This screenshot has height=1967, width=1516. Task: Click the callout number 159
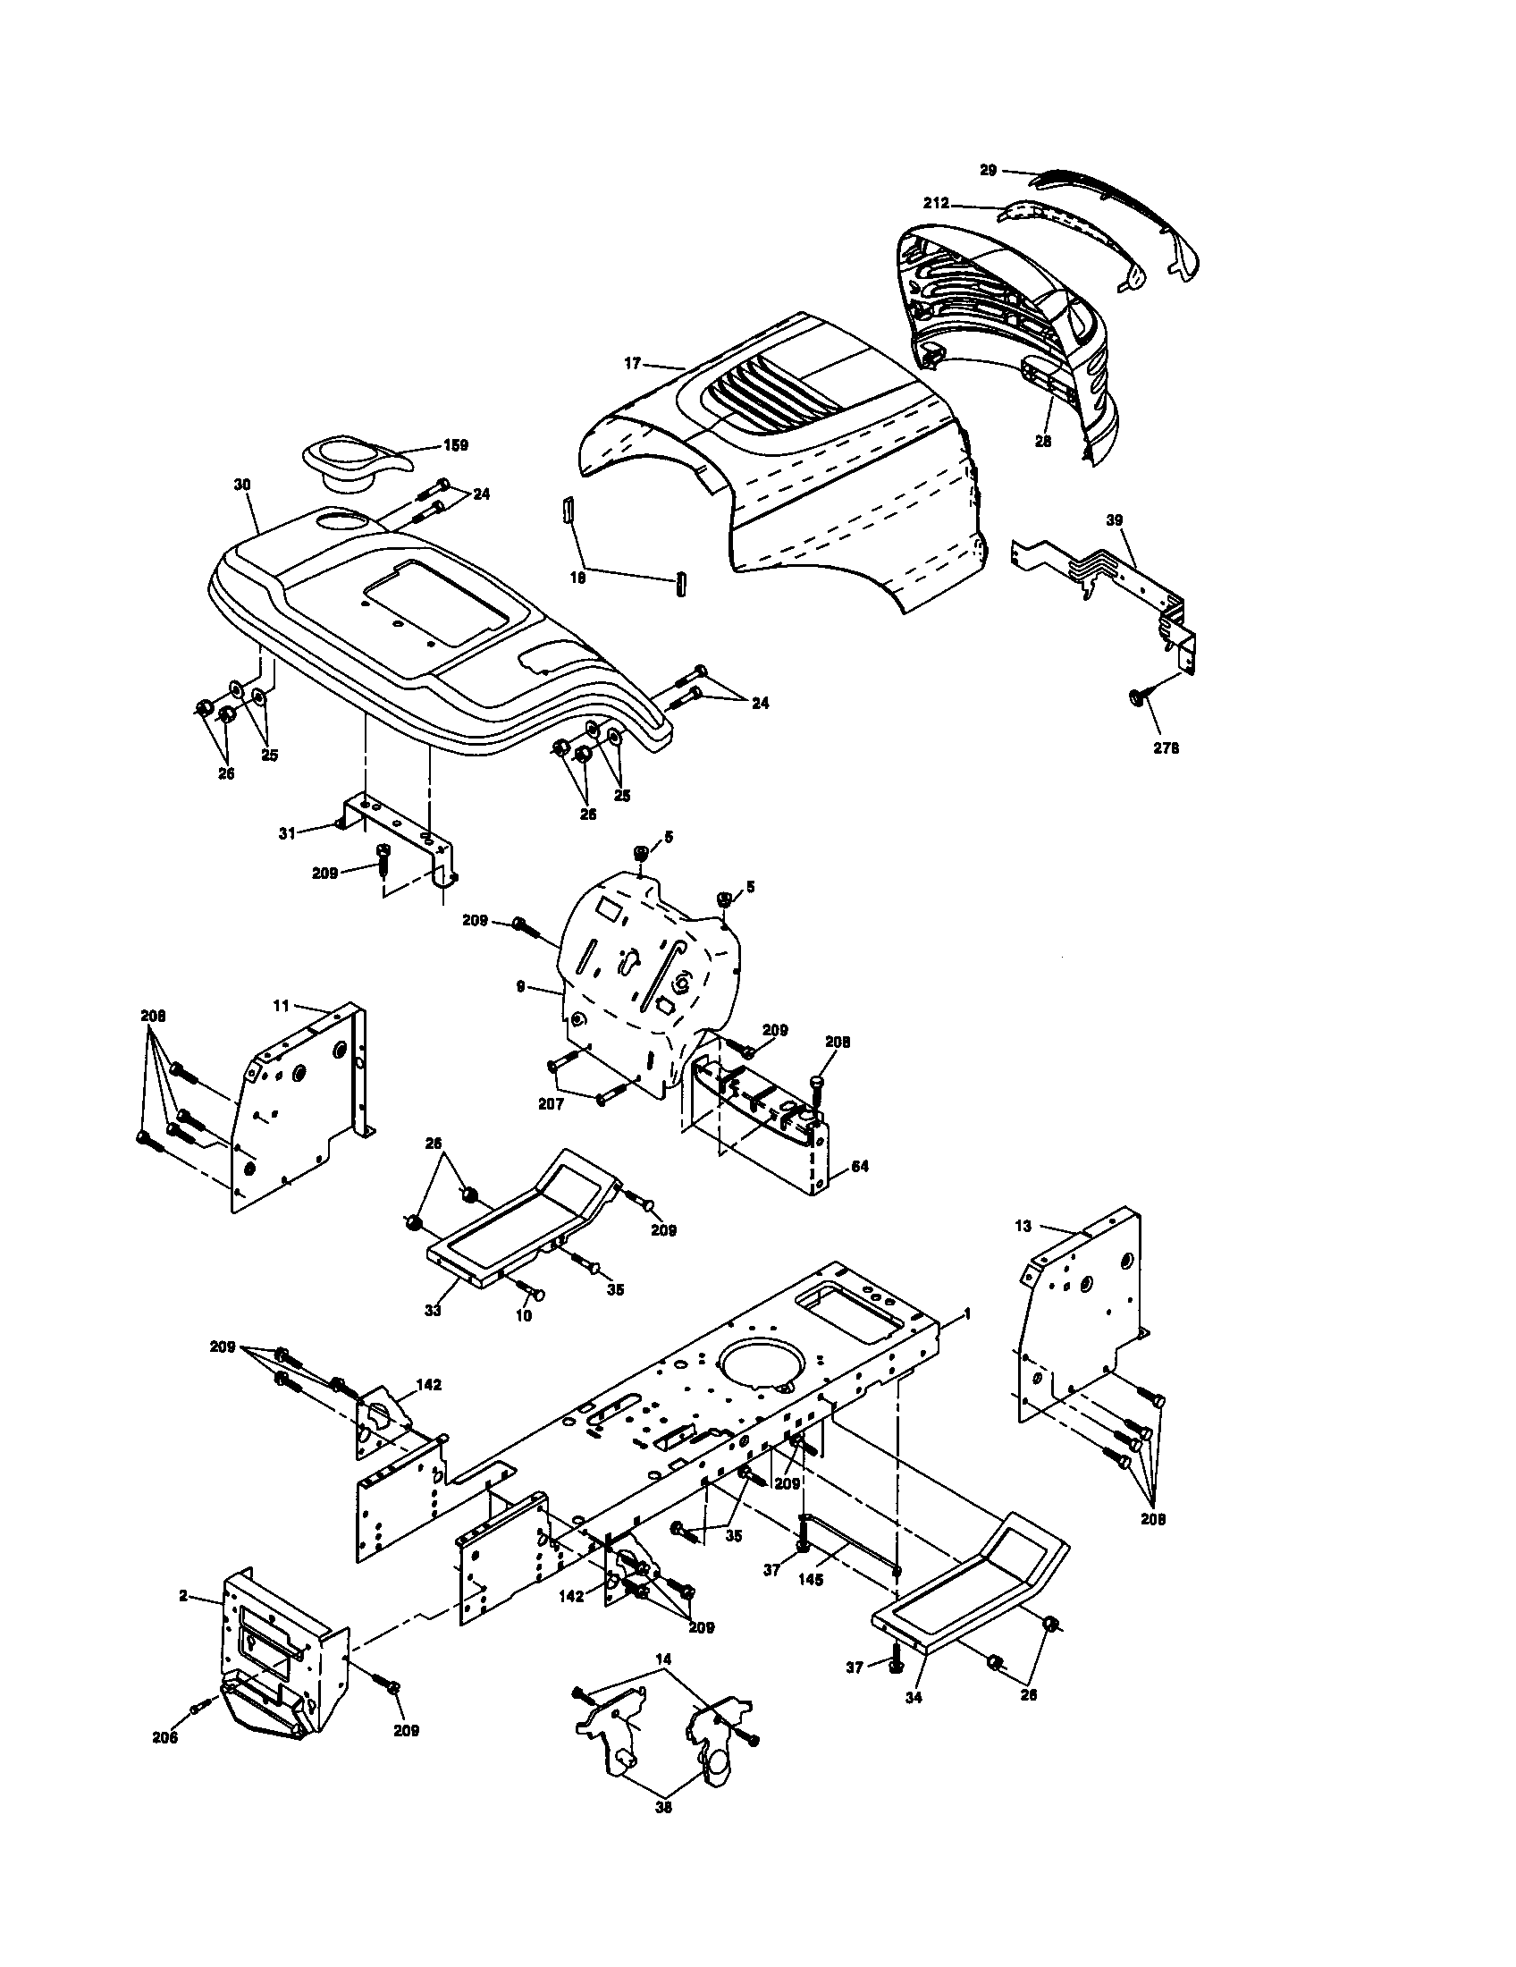click(457, 445)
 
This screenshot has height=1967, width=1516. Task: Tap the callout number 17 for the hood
click(632, 363)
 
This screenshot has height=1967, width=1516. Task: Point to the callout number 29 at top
click(989, 170)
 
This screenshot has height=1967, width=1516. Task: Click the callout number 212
click(936, 204)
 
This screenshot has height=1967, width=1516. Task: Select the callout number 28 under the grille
click(1043, 442)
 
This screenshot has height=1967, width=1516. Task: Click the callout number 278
click(1166, 747)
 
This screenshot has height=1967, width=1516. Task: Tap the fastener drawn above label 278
click(1136, 697)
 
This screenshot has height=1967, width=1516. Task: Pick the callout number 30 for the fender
click(242, 485)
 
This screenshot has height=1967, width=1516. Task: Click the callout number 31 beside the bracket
click(287, 833)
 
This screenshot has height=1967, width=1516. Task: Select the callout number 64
click(860, 1165)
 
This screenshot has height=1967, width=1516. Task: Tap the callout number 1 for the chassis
click(967, 1314)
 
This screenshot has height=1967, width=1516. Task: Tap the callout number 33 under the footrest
click(433, 1311)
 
